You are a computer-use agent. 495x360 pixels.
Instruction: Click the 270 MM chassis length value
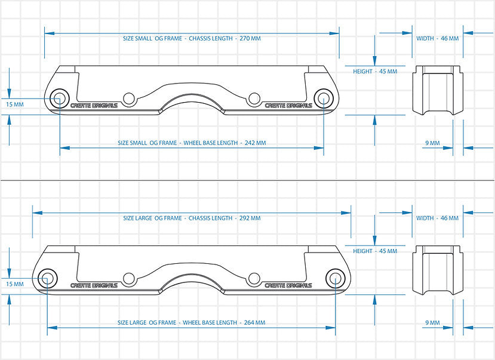click(250, 38)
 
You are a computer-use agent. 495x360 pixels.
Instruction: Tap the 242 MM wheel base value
click(256, 143)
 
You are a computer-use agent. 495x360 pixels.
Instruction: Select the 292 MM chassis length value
click(250, 218)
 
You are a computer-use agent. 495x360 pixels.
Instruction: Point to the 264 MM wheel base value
click(254, 322)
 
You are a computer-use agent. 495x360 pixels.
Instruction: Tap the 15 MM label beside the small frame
click(15, 104)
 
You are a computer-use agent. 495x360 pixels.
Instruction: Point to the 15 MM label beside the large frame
click(15, 284)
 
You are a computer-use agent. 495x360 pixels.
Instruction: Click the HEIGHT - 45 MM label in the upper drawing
click(375, 71)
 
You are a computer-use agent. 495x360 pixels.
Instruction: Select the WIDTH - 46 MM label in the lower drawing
click(438, 218)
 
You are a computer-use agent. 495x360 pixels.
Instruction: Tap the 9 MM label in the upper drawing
click(432, 143)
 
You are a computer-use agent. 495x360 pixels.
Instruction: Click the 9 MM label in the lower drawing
click(432, 322)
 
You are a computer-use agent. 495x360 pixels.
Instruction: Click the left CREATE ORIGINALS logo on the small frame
click(94, 106)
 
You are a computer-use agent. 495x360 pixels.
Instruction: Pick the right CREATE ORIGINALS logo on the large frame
click(288, 285)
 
